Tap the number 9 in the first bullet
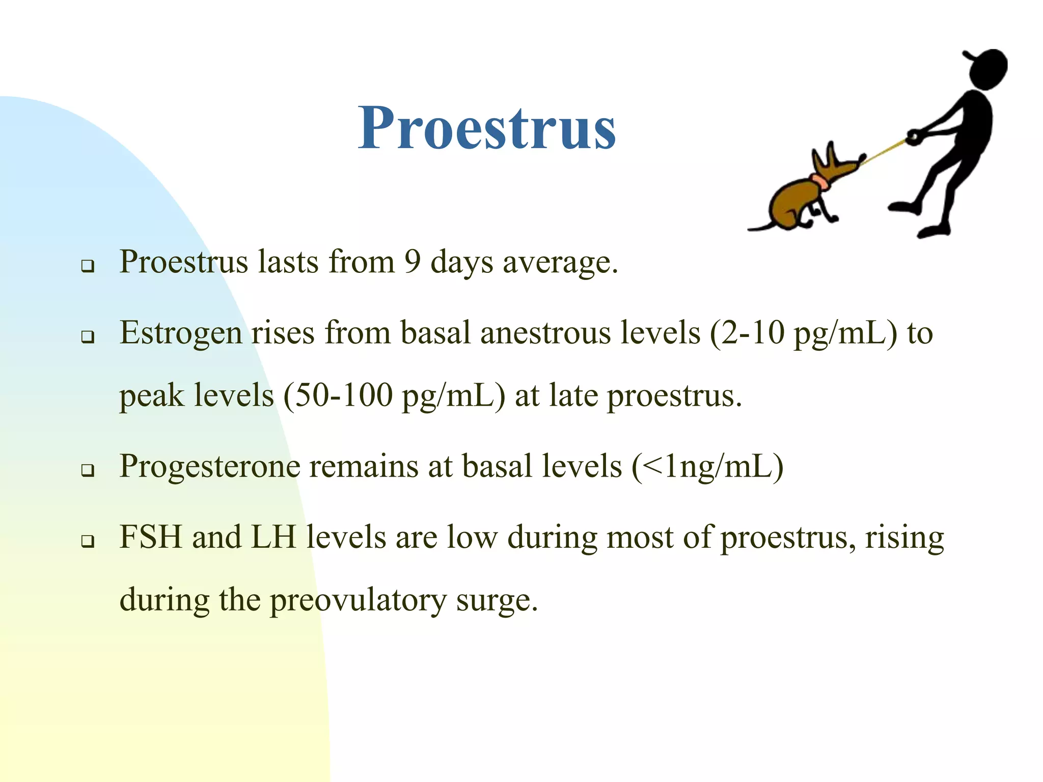[x=413, y=262]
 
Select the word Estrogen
[x=181, y=333]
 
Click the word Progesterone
[x=210, y=467]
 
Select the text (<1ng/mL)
[x=707, y=467]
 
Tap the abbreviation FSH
[x=151, y=538]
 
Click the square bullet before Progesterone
[x=88, y=470]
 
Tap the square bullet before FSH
[x=88, y=541]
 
